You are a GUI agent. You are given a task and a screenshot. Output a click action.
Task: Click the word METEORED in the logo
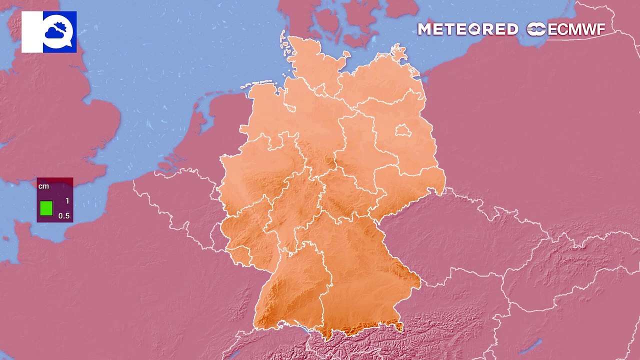[x=467, y=29]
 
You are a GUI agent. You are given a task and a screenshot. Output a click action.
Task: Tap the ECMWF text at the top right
[x=576, y=29]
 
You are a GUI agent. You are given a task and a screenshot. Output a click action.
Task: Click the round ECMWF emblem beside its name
[x=536, y=29]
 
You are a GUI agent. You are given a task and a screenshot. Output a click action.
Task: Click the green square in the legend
[x=46, y=208]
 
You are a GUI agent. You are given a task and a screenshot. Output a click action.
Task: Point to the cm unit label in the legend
[x=44, y=186]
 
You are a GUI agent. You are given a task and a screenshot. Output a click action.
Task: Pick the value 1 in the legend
[x=67, y=201]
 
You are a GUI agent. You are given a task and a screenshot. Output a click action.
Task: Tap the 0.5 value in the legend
[x=64, y=216]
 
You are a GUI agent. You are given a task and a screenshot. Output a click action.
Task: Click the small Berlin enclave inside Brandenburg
[x=403, y=131]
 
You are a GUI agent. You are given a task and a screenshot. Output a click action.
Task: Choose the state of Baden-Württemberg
[x=290, y=290]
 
